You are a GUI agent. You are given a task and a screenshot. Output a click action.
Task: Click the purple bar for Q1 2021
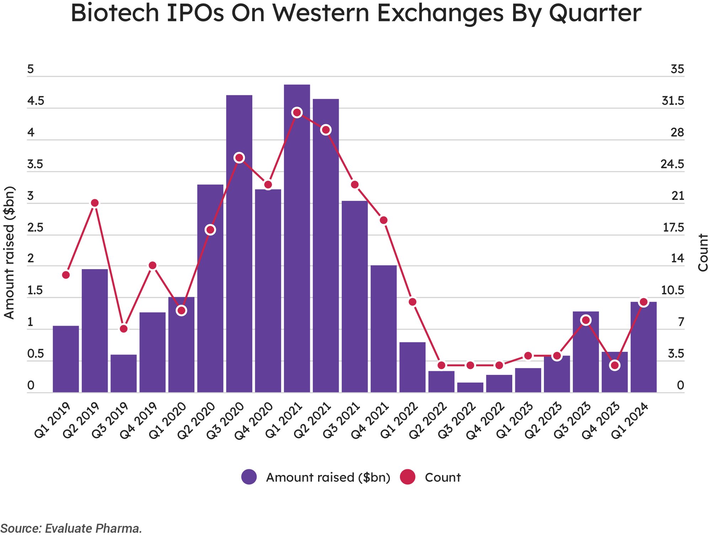[297, 249]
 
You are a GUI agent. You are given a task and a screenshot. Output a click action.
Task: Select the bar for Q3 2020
[239, 249]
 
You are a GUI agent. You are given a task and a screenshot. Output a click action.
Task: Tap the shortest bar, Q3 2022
[470, 387]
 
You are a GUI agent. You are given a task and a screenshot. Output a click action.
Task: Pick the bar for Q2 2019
[95, 331]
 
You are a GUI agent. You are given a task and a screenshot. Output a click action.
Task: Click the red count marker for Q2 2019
[95, 203]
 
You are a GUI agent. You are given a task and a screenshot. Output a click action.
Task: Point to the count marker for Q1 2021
[297, 113]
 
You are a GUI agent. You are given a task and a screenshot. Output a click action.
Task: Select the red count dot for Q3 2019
[123, 329]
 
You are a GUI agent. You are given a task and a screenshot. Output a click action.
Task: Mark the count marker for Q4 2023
[615, 365]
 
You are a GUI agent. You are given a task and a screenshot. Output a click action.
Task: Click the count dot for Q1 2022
[412, 302]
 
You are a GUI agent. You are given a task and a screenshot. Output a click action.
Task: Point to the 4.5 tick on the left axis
[36, 101]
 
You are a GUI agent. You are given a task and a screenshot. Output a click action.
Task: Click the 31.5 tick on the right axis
[673, 101]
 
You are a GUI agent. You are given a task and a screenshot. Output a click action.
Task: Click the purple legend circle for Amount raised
[249, 477]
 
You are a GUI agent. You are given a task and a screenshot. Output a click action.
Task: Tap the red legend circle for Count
[407, 477]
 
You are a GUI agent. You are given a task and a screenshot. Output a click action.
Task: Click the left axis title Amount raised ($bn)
[9, 252]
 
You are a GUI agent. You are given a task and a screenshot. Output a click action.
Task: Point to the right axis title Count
[702, 252]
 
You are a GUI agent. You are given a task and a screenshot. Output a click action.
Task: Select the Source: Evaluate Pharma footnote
[71, 529]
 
